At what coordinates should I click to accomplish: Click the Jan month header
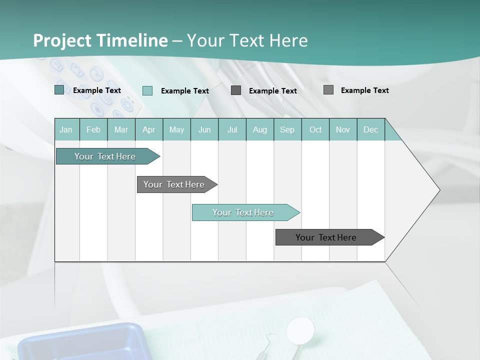tap(66, 129)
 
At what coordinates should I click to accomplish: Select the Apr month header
tap(149, 129)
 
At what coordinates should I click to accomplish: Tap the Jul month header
tap(232, 129)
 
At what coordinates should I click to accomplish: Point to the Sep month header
tap(287, 129)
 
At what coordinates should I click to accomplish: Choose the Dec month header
tap(370, 129)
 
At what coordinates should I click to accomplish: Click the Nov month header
tap(343, 129)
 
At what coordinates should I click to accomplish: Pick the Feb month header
tap(93, 129)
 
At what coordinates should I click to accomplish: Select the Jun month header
tap(204, 129)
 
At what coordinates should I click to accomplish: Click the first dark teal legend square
tap(59, 90)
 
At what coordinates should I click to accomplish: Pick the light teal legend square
tap(147, 90)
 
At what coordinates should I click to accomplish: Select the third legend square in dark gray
tap(236, 90)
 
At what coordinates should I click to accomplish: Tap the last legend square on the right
tap(328, 89)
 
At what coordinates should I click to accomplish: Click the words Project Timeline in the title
tap(100, 40)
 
